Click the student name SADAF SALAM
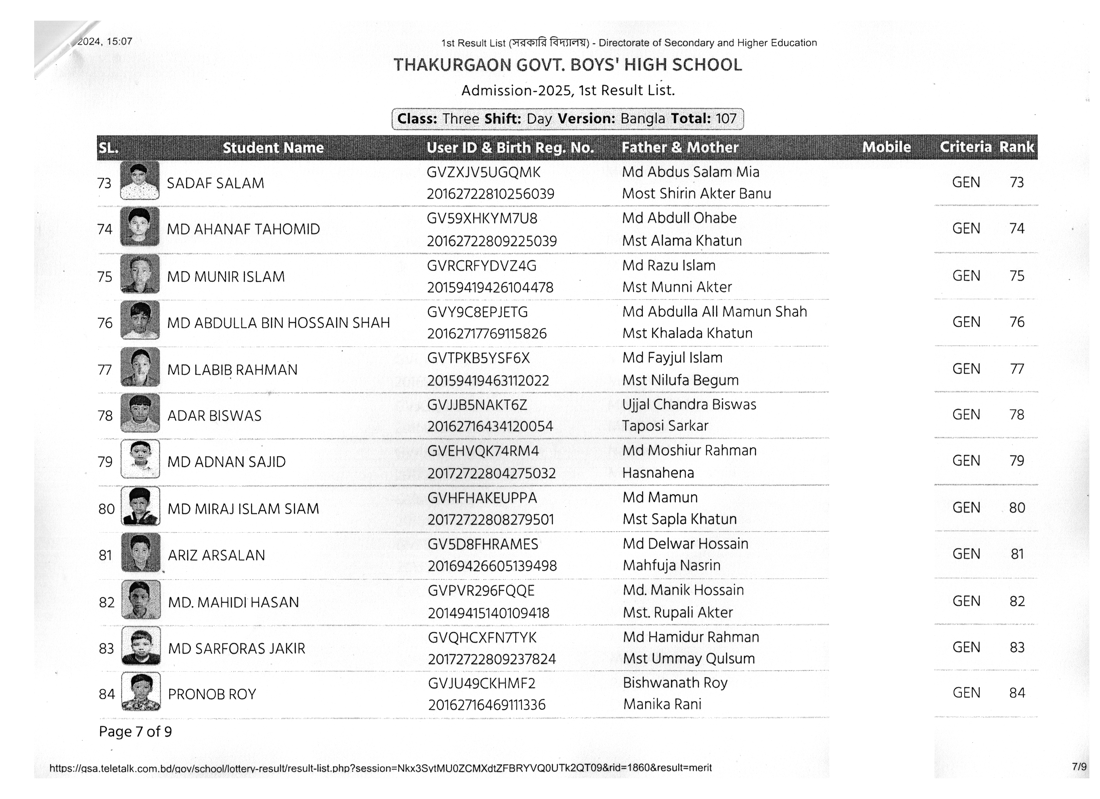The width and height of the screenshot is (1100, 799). tap(215, 183)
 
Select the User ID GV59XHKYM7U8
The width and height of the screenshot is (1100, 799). tap(482, 219)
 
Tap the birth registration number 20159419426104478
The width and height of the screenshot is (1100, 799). tap(490, 288)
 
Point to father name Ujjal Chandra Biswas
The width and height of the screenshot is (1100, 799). tap(689, 404)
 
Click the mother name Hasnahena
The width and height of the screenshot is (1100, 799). tap(658, 473)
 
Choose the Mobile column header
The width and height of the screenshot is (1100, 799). tap(886, 147)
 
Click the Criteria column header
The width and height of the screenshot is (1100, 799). tap(965, 147)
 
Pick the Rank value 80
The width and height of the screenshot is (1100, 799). tap(1017, 508)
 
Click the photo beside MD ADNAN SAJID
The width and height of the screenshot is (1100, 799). tap(140, 459)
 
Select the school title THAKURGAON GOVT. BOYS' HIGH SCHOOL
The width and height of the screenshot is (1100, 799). tap(568, 65)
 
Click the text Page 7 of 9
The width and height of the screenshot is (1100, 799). tap(135, 732)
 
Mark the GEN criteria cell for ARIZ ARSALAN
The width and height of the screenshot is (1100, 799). tap(966, 554)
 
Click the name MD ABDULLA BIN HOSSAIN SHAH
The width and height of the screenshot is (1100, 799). tap(278, 323)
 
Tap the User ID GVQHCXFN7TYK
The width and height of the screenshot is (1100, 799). tap(482, 638)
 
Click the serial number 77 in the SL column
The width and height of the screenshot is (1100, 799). tap(105, 370)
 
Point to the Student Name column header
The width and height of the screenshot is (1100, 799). tap(273, 147)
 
